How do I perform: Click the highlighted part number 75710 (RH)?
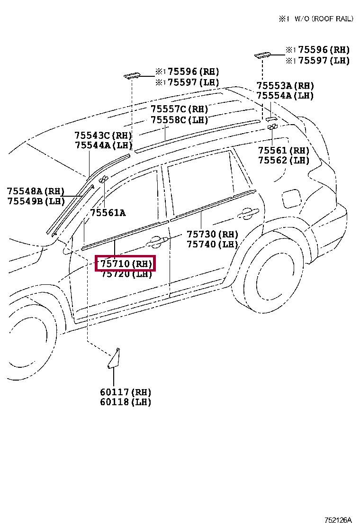(x=125, y=264)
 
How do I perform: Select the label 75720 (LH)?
(x=126, y=274)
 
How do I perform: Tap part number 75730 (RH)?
(x=212, y=234)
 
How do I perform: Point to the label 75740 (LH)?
(x=212, y=244)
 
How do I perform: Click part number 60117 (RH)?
(x=126, y=392)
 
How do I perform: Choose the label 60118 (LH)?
(x=126, y=402)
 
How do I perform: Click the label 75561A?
(x=108, y=213)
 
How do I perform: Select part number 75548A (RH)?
(x=36, y=191)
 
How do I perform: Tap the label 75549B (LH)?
(x=36, y=201)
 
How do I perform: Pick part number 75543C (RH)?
(x=103, y=136)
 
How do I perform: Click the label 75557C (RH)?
(x=180, y=109)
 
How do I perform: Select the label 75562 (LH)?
(x=283, y=160)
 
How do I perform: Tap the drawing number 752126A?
(x=338, y=520)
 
